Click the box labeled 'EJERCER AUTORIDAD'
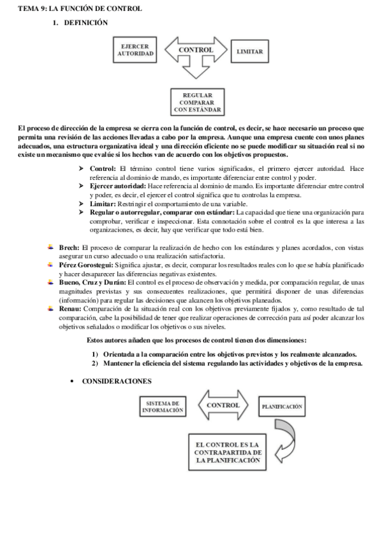pos(135,51)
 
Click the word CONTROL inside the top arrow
pos(196,50)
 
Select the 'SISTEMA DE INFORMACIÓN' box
pos(162,407)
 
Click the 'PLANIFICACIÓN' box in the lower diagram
pos(281,406)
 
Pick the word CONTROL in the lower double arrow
pos(223,405)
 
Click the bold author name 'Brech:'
pos(69,246)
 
